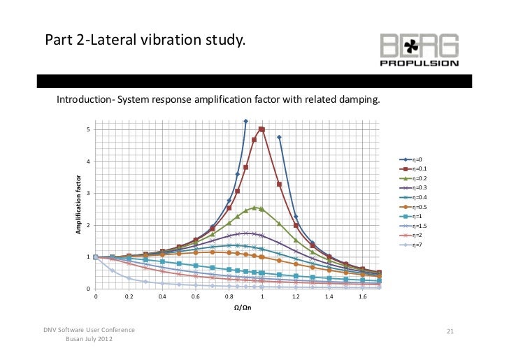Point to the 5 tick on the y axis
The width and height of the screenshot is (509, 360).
pos(87,130)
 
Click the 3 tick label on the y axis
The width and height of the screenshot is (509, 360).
pos(87,194)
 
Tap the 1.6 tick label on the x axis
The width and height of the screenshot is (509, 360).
pos(362,296)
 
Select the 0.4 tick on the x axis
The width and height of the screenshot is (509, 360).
pos(162,296)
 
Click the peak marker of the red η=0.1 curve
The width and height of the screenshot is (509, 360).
pos(261,129)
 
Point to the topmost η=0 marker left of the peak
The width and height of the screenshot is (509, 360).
pos(245,122)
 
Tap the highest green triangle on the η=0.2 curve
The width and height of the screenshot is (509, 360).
pos(254,207)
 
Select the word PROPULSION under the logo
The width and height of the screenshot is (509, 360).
pos(419,63)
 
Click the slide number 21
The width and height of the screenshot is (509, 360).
pos(450,330)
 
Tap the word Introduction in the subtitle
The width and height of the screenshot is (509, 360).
pos(82,99)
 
